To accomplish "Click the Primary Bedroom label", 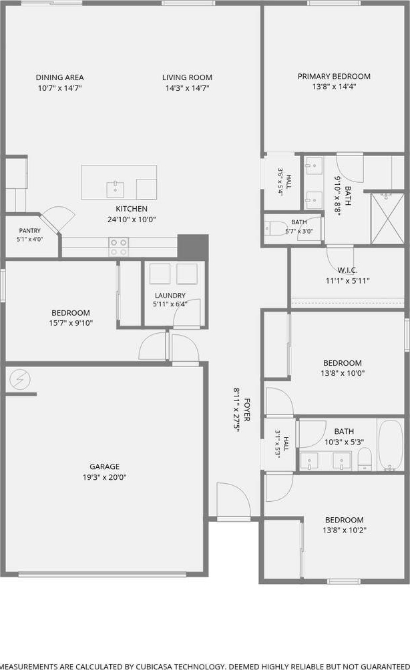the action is [334, 76].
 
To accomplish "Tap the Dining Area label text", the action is [60, 77].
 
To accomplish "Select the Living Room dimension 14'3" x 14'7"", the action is [187, 88].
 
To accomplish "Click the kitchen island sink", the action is [116, 190].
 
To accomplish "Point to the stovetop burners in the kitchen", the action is [119, 247].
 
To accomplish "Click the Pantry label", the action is [30, 231].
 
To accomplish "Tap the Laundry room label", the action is [170, 295].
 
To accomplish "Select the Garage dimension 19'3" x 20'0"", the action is [105, 477].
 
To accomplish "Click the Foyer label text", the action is [247, 410].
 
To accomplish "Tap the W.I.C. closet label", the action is [348, 270].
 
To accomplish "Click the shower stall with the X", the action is [387, 219].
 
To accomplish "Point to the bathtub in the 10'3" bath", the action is [391, 445].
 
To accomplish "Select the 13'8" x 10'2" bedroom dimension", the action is [345, 531].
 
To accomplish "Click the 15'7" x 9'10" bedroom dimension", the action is [71, 323].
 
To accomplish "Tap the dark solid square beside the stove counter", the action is [193, 246].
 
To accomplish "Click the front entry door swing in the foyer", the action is [234, 499].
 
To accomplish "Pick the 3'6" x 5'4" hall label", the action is [284, 182].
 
